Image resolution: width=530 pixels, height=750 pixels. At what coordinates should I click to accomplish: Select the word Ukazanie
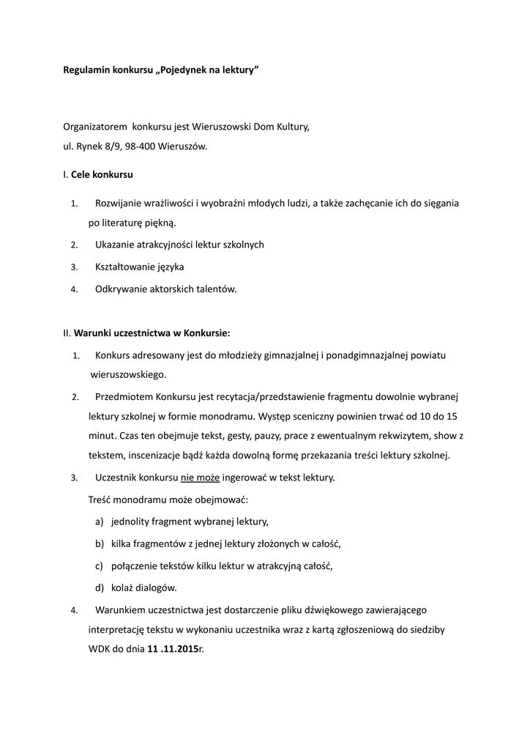[x=116, y=244]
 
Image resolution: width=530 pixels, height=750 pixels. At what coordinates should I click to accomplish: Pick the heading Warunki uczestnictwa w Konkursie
[x=152, y=333]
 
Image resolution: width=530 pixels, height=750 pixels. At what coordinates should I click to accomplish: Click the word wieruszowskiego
[x=127, y=374]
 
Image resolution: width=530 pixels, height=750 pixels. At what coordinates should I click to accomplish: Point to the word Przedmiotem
[x=124, y=396]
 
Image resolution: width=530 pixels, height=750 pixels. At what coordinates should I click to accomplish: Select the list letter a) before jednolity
[x=99, y=521]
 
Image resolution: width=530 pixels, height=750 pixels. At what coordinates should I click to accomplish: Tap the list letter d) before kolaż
[x=99, y=587]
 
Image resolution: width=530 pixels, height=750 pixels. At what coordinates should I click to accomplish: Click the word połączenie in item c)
[x=136, y=565]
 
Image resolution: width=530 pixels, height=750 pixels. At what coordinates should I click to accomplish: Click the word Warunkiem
[x=122, y=609]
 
